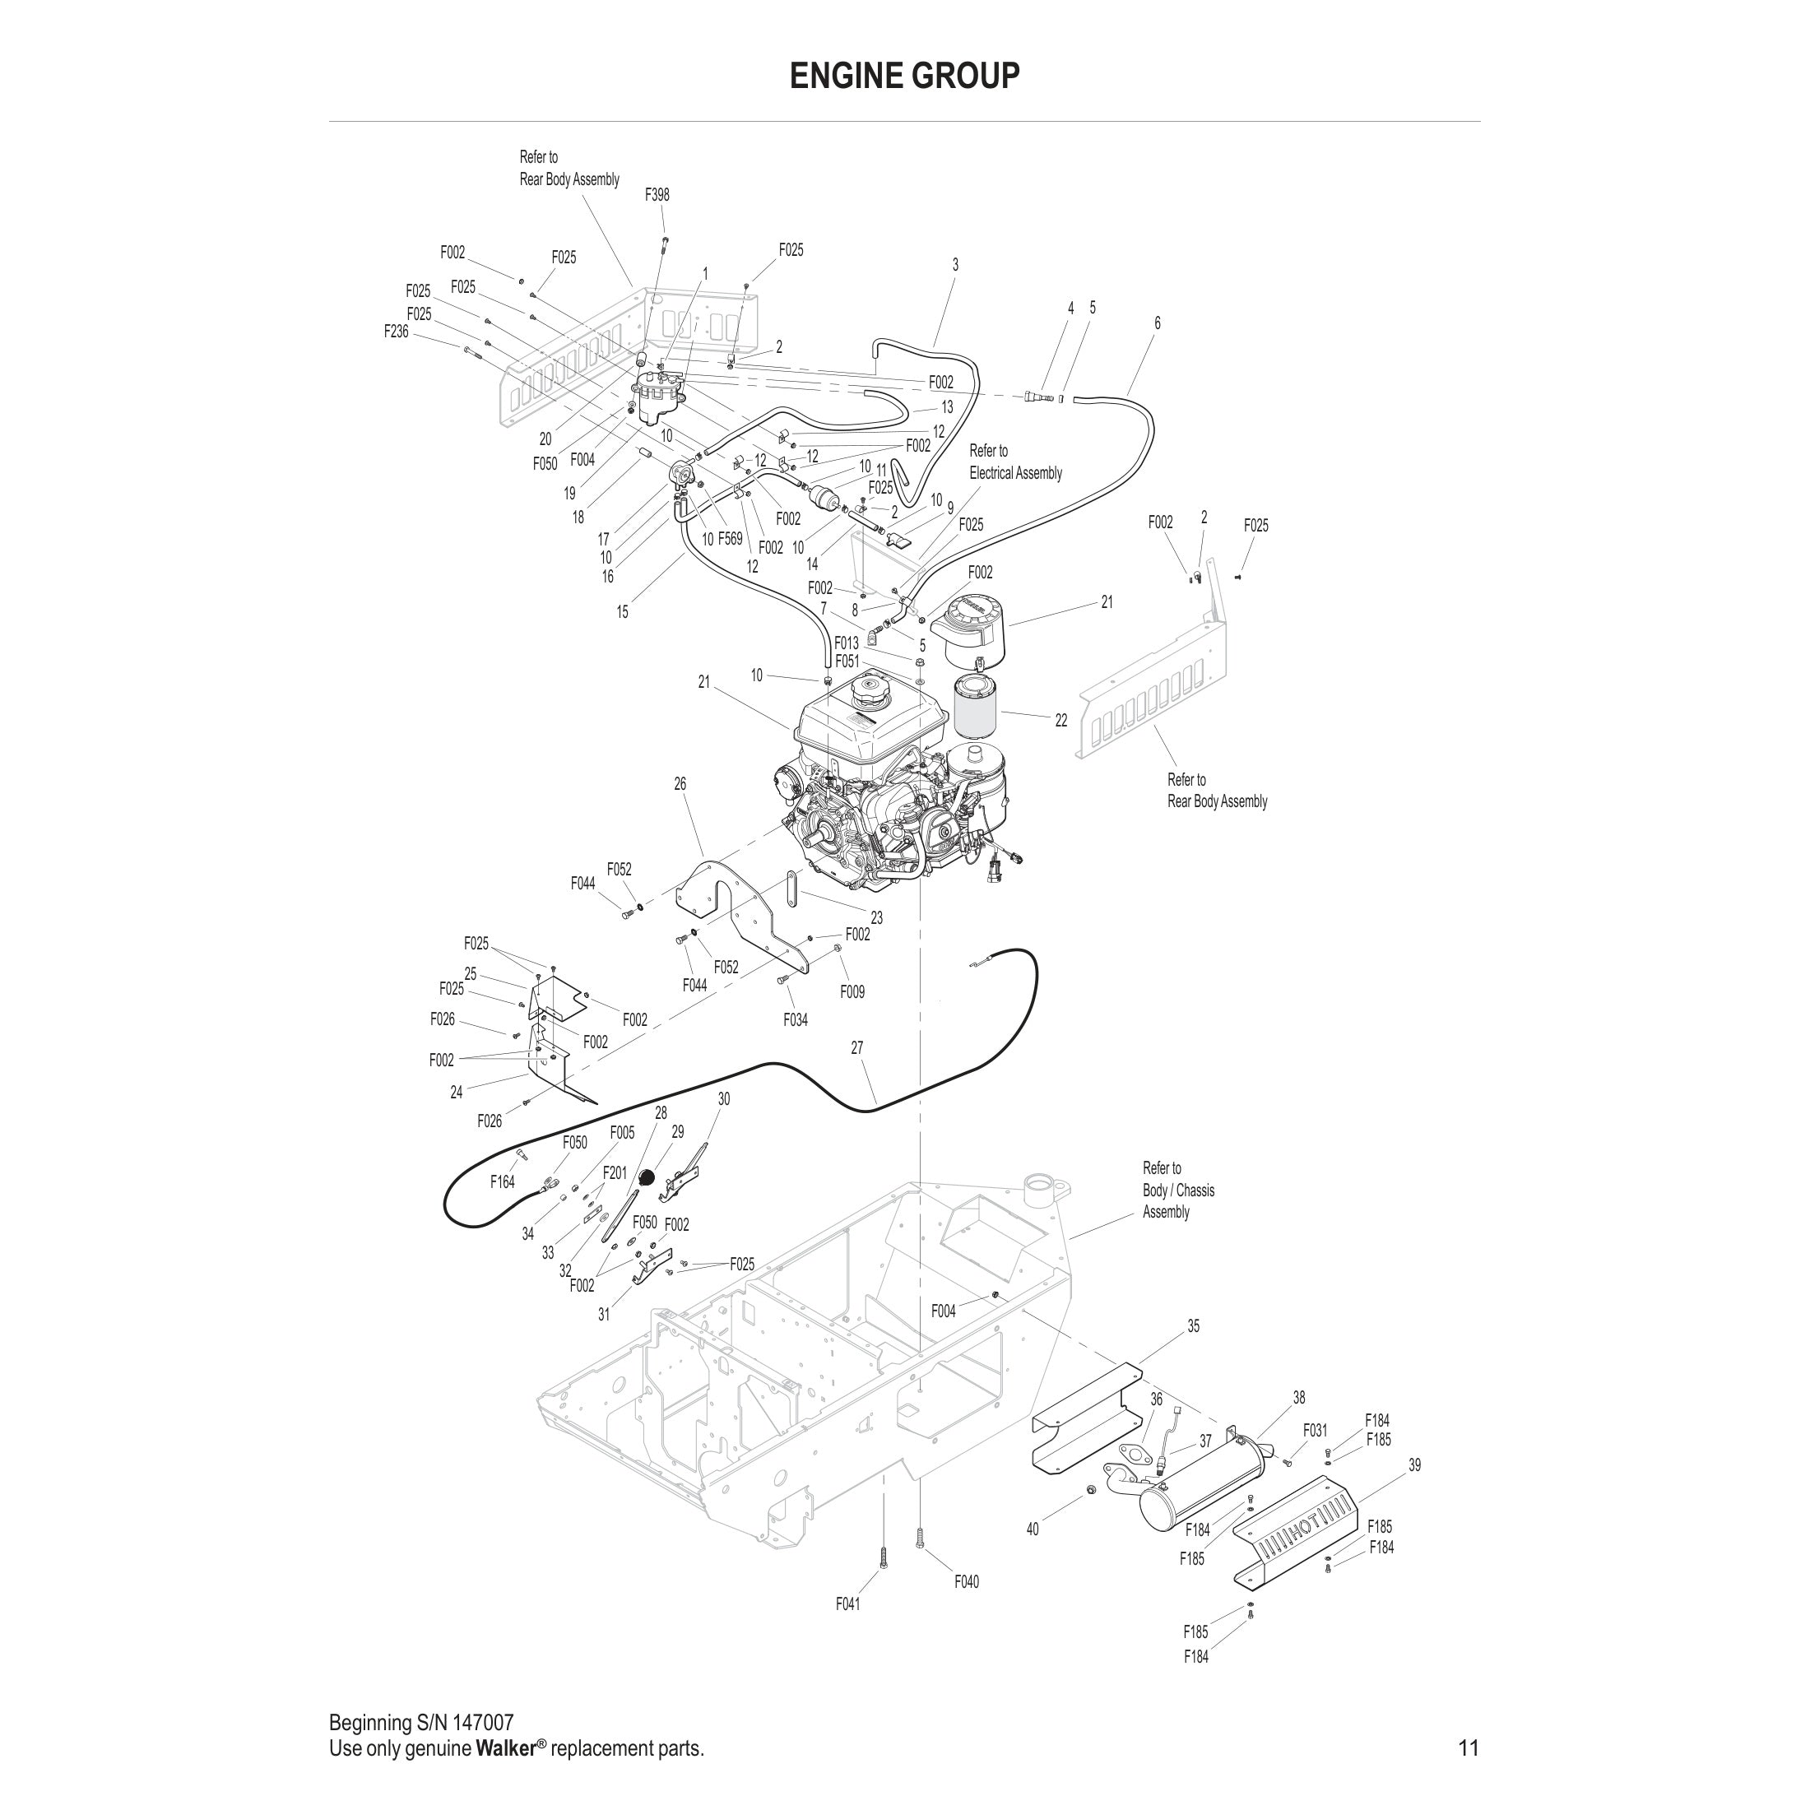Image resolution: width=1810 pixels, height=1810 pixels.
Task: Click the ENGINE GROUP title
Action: tap(904, 76)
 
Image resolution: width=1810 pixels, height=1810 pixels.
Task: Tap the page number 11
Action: tap(1468, 1747)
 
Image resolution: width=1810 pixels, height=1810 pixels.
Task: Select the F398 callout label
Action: tap(657, 195)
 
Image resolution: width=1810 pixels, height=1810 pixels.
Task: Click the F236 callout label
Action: tap(397, 331)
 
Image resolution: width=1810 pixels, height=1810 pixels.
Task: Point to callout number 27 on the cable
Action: tap(856, 1048)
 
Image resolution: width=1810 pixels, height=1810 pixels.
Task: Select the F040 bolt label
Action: tap(966, 1581)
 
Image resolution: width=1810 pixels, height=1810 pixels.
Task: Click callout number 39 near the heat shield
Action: tap(1413, 1464)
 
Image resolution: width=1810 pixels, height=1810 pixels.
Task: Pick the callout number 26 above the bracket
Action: tap(680, 783)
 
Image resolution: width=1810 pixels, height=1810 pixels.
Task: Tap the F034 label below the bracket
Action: tap(796, 1019)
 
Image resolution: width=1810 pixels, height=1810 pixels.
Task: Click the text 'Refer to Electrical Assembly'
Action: tap(1014, 462)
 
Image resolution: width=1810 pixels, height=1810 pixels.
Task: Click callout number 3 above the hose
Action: tap(954, 265)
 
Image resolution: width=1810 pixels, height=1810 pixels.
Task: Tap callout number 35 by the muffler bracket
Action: tap(1193, 1325)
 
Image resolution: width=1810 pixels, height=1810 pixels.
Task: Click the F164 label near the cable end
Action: tap(502, 1182)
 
